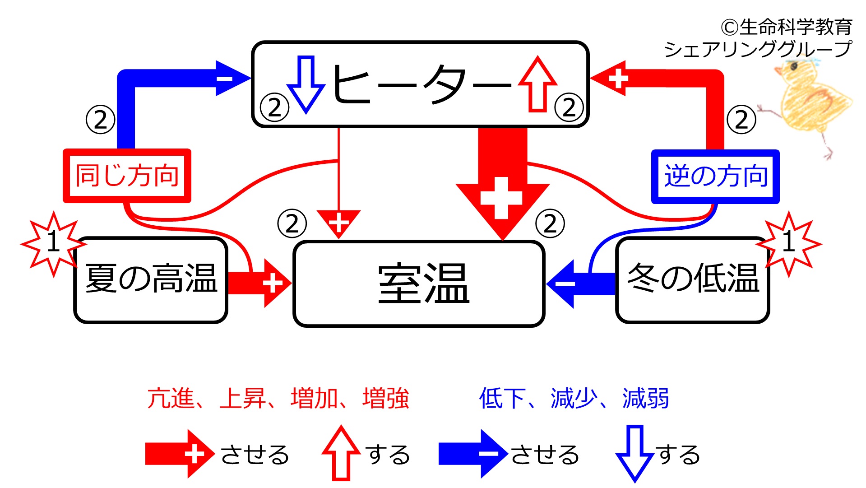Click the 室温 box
pyautogui.click(x=419, y=284)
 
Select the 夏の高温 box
pyautogui.click(x=151, y=280)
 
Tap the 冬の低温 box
pyautogui.click(x=693, y=280)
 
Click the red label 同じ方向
pyautogui.click(x=127, y=176)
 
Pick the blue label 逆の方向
pyautogui.click(x=715, y=177)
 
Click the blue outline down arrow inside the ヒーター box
pyautogui.click(x=306, y=84)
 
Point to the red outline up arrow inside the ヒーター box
pyautogui.click(x=537, y=84)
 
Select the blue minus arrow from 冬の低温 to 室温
pyautogui.click(x=581, y=284)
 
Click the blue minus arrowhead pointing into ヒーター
pyautogui.click(x=233, y=78)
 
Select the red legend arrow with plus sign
pyautogui.click(x=180, y=454)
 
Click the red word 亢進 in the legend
pyautogui.click(x=171, y=398)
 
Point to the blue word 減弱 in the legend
pyautogui.click(x=645, y=398)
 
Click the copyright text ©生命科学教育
pyautogui.click(x=787, y=28)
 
